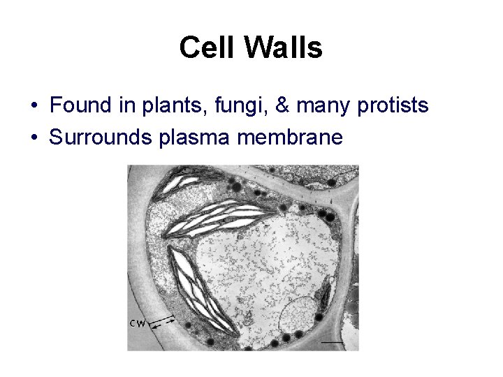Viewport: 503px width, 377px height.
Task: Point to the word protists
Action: click(393, 106)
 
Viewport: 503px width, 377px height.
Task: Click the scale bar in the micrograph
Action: click(333, 342)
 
